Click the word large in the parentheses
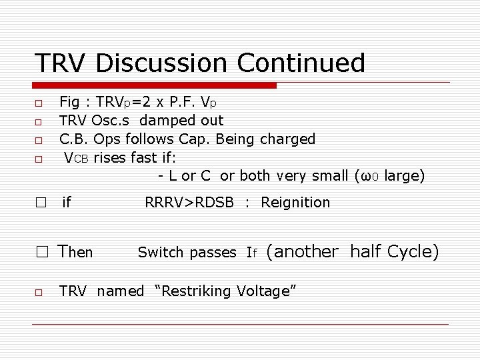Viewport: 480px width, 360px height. pos(403,176)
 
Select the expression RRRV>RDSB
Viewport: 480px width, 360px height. pos(189,203)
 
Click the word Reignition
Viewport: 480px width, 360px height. pos(295,203)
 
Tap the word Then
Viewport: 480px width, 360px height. pos(75,252)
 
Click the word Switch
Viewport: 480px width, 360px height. pos(160,253)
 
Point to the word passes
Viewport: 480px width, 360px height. pos(213,253)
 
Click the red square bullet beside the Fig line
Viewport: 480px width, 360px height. pos(39,104)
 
